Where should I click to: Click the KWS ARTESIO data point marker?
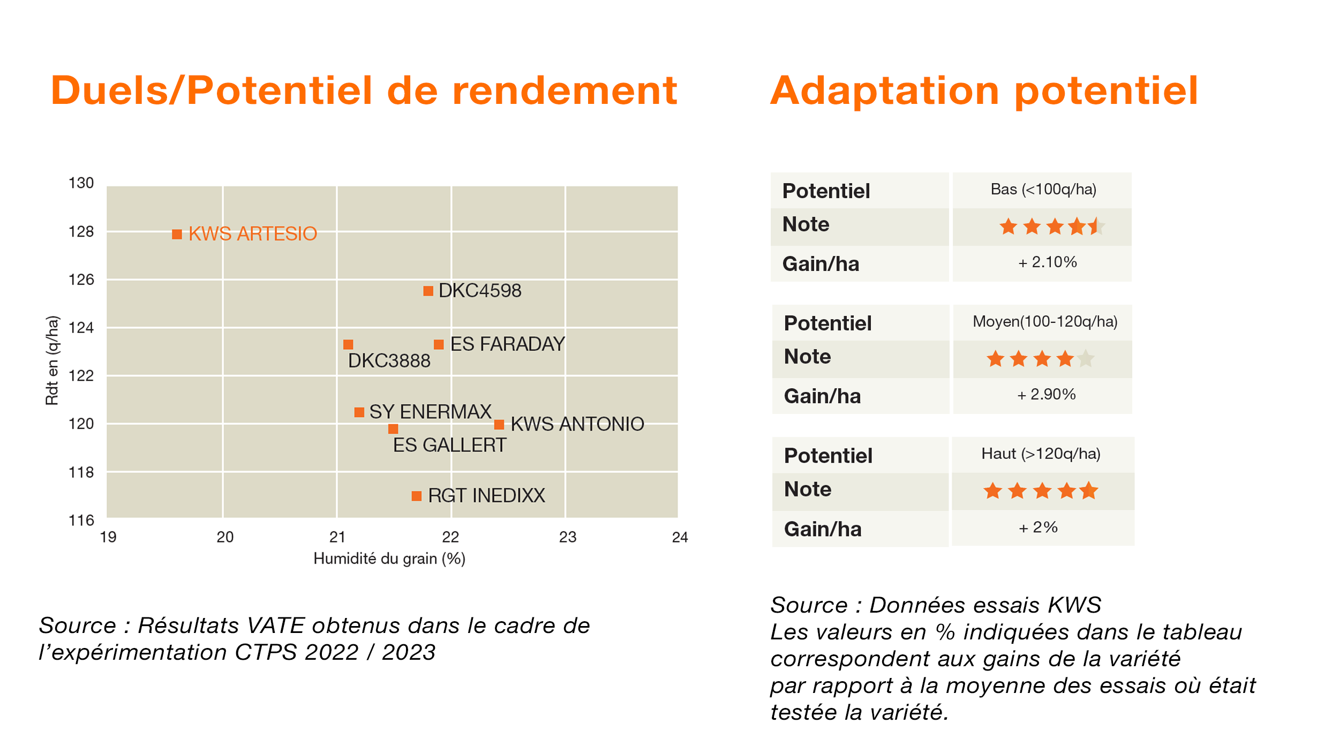click(x=177, y=235)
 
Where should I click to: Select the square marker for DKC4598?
click(x=428, y=291)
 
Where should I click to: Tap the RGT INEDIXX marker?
click(x=416, y=496)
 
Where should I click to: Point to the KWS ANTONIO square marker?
click(x=499, y=425)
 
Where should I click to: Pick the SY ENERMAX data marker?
click(x=359, y=412)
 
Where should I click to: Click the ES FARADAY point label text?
click(x=507, y=344)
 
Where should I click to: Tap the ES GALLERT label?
click(x=449, y=446)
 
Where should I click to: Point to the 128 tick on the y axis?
click(x=81, y=232)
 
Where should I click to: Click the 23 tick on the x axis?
click(x=567, y=537)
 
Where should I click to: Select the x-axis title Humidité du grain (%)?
click(x=389, y=559)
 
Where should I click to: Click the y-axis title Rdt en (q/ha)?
click(x=52, y=360)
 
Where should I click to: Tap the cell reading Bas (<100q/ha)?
click(x=1043, y=190)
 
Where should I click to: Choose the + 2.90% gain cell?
click(x=1046, y=395)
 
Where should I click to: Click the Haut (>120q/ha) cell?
click(x=1041, y=454)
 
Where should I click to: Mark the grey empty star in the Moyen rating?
click(x=1086, y=359)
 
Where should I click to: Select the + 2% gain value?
click(x=1037, y=528)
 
